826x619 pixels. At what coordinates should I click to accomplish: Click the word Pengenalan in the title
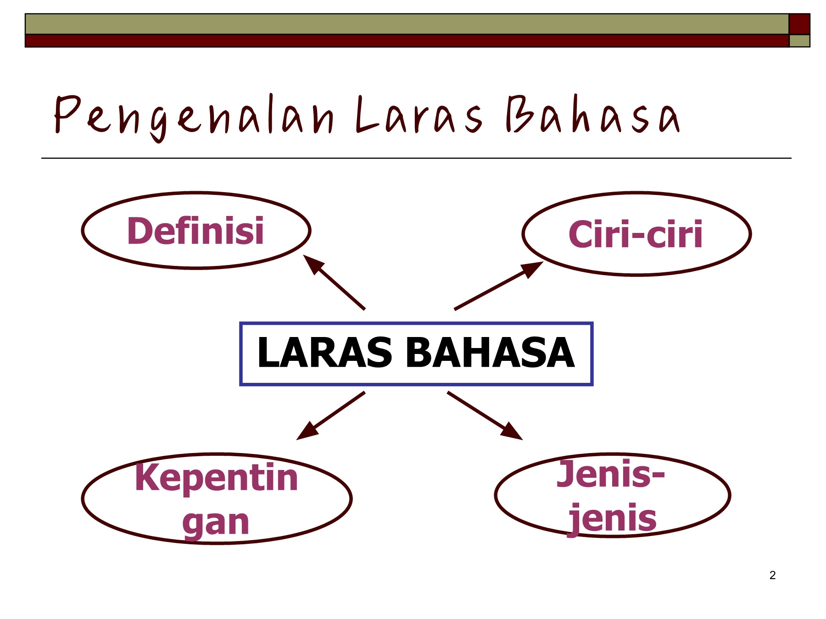194,116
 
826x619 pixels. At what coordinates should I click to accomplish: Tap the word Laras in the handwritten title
419,115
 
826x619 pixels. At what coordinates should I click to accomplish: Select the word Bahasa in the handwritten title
593,115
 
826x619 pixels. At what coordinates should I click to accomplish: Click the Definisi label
195,231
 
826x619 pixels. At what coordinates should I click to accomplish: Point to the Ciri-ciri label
636,234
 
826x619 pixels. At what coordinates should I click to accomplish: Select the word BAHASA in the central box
490,353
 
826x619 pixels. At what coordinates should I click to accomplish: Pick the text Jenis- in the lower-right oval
611,474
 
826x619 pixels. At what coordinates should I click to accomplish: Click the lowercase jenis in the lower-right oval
613,519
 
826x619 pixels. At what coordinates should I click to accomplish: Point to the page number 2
772,575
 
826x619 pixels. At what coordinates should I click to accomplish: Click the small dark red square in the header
799,24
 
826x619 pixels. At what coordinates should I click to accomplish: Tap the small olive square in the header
799,41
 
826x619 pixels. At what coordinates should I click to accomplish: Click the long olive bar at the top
407,24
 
